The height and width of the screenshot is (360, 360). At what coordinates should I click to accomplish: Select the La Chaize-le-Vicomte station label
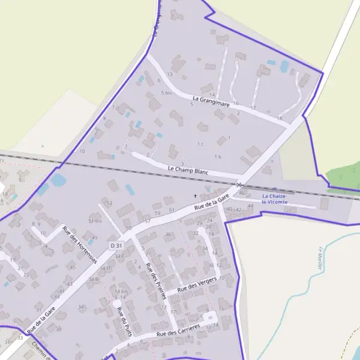[x=274, y=199]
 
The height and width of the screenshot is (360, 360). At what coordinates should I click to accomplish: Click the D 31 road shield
[x=116, y=246]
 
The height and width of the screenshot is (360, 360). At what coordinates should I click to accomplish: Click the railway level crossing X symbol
[x=239, y=185]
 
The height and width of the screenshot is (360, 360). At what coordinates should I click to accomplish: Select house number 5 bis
[x=166, y=93]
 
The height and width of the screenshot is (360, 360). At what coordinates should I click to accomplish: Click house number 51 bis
[x=95, y=221]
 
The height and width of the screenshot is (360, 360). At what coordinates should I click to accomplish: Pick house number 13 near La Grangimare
[x=170, y=74]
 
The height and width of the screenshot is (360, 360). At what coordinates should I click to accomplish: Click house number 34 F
[x=119, y=256]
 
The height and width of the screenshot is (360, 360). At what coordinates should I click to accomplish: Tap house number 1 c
[x=200, y=144]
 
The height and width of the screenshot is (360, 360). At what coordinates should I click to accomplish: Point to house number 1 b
[x=218, y=157]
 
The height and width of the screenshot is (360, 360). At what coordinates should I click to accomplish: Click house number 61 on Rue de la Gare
[x=172, y=209]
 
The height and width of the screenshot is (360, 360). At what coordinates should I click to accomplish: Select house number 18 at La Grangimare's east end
[x=280, y=119]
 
